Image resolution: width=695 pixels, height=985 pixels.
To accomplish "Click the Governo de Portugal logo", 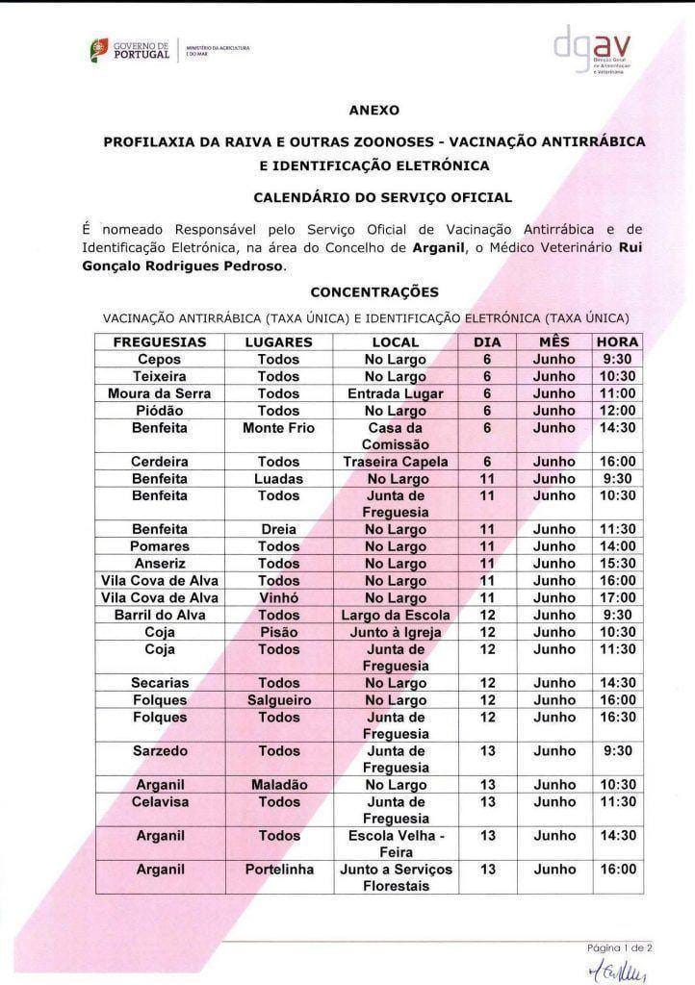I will (129, 49).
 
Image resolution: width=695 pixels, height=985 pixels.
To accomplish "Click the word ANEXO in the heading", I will (373, 111).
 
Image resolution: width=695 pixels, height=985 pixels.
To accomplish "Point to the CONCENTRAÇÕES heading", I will (374, 291).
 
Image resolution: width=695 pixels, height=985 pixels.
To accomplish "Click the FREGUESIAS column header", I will (160, 341).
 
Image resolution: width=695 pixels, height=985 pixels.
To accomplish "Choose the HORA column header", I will (617, 341).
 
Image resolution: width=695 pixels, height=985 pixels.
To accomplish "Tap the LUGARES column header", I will (279, 341).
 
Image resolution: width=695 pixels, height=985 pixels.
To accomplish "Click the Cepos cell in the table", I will (160, 359).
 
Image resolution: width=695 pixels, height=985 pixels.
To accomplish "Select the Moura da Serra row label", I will (160, 393).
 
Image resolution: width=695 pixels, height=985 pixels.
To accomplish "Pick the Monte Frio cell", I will (279, 427).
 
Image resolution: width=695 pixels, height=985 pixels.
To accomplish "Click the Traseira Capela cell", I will (396, 462).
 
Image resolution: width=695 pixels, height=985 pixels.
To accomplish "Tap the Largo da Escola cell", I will (396, 615).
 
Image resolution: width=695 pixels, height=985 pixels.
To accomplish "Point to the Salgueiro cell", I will (279, 700).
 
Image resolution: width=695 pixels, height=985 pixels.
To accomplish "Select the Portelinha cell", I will (279, 870).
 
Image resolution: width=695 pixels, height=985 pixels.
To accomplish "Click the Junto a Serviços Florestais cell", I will (396, 877).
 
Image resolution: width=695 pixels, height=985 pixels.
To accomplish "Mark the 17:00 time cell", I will (617, 597).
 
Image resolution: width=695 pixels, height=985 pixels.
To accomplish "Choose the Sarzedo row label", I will (160, 750).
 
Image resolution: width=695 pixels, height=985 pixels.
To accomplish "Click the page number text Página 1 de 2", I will (620, 947).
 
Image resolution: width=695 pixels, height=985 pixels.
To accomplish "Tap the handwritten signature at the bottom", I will (620, 971).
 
